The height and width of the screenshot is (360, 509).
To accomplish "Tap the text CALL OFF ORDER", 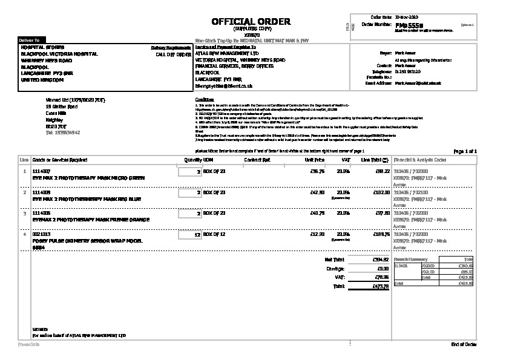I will point(174,54).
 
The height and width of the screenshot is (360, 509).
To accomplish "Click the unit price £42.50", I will point(317,192).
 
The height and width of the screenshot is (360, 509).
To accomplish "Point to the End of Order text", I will point(464,344).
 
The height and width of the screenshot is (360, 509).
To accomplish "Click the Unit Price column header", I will point(315,160).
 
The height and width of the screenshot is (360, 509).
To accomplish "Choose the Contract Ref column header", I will point(257,160).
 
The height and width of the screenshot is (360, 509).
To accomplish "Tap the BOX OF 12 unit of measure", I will point(214,233).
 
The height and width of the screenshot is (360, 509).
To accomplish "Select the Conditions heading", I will point(205,99).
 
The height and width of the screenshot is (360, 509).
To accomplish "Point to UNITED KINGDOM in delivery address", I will point(42,79).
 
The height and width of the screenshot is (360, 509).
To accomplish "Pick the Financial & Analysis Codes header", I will point(420,160).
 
